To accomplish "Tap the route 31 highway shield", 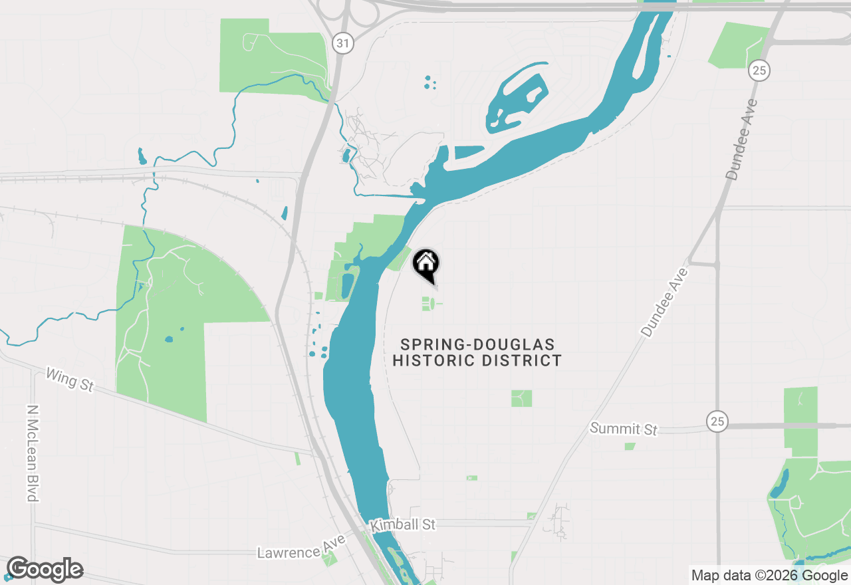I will coord(342,44).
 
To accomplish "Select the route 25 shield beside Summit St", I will coord(717,421).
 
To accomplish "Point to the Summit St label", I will coord(623,429).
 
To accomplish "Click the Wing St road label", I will coord(69,380).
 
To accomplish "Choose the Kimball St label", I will coord(403,525).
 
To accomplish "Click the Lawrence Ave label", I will coord(301,546).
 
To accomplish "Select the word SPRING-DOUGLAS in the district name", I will coord(477,345).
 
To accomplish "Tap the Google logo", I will coord(45,570).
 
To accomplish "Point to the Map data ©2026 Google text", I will coord(769,576).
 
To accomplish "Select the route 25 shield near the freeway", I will coord(758,69).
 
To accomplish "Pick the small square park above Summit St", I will coord(521,398).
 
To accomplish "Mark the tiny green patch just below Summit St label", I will coord(630,446).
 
